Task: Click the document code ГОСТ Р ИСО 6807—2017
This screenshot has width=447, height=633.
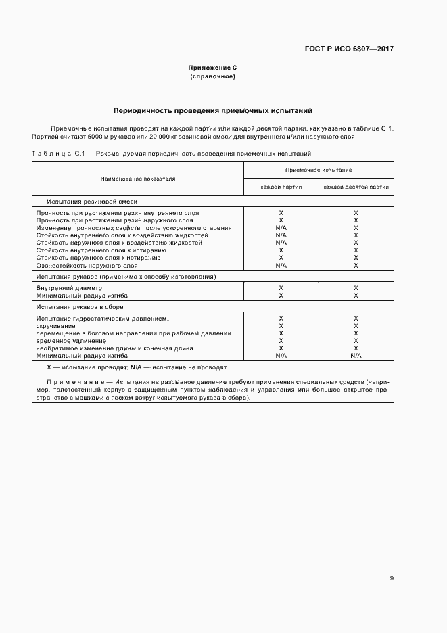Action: tap(349, 49)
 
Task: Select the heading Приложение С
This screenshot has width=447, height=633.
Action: tap(212, 68)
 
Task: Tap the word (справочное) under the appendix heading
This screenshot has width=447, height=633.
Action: tap(212, 76)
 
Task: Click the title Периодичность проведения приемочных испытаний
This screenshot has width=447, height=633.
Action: tap(212, 110)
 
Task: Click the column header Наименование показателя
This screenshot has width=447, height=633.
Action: tap(138, 179)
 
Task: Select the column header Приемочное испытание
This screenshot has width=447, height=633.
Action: tap(318, 170)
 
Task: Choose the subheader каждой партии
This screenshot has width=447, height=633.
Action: tap(281, 187)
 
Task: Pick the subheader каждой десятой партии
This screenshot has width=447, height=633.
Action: tap(356, 187)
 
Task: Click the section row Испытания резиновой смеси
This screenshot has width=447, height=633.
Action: tap(92, 202)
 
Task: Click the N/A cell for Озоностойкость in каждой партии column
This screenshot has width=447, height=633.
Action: tap(281, 266)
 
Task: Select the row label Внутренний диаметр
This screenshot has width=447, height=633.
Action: tap(69, 288)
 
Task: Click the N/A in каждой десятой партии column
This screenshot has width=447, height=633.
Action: tap(356, 355)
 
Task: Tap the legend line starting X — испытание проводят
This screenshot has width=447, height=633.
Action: tap(137, 367)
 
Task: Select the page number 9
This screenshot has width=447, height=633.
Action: tap(392, 578)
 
